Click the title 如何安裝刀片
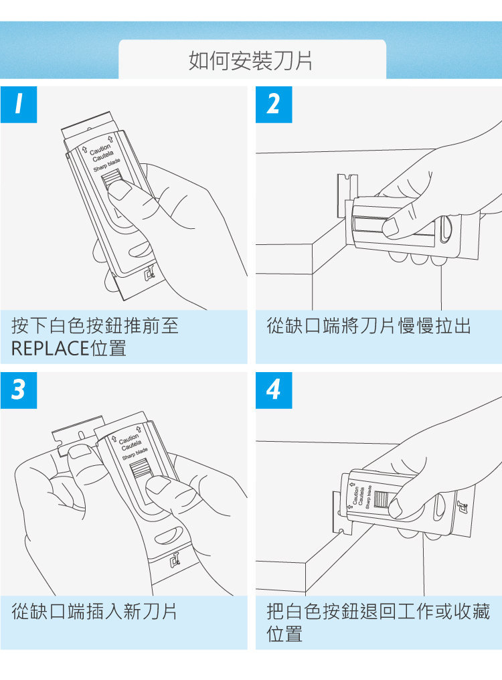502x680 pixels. (251, 61)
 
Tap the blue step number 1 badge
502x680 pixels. (19, 104)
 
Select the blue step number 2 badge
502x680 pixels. (274, 104)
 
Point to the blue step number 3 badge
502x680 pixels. (19, 390)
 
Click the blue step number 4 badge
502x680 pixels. (274, 390)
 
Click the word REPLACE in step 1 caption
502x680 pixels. (50, 348)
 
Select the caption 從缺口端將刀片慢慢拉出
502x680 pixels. (369, 326)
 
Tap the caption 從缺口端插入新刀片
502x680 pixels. (94, 612)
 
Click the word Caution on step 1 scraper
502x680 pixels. (100, 149)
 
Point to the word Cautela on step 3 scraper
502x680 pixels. (131, 445)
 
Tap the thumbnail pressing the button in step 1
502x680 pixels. (119, 191)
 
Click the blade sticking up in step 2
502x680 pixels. (347, 194)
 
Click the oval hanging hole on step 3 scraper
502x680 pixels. (169, 535)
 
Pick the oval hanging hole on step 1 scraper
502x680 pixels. (139, 250)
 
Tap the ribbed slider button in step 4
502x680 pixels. (381, 499)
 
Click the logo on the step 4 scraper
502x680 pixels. (463, 507)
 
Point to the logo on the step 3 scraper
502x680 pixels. (175, 560)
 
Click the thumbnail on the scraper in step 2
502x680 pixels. (391, 227)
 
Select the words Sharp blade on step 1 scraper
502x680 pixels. (106, 165)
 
